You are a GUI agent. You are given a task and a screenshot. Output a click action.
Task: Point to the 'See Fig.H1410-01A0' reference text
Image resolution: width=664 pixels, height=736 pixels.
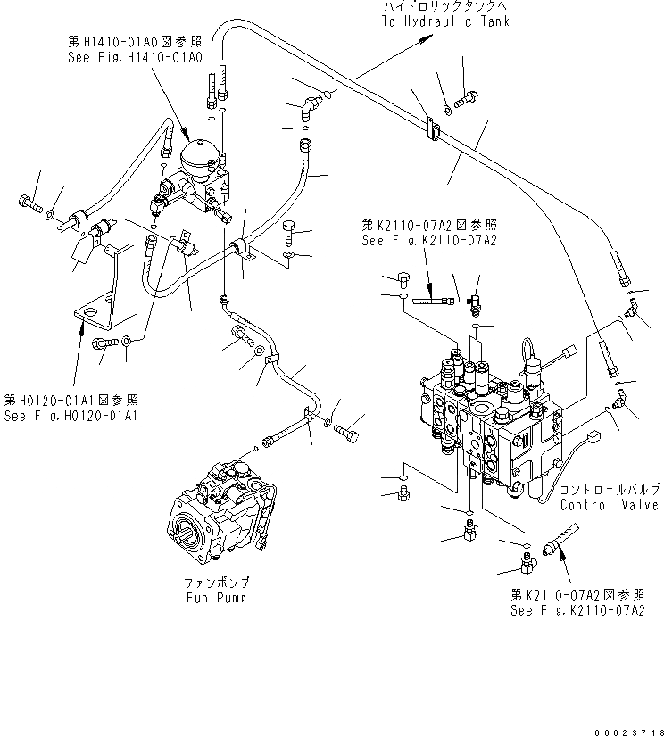point(135,56)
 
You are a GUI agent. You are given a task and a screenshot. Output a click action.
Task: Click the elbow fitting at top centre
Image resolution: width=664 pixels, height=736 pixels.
point(308,108)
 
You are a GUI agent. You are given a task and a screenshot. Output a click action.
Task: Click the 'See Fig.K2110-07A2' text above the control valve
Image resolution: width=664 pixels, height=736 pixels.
point(428,240)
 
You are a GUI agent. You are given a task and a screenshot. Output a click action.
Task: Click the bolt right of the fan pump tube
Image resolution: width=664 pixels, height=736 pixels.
point(351,434)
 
